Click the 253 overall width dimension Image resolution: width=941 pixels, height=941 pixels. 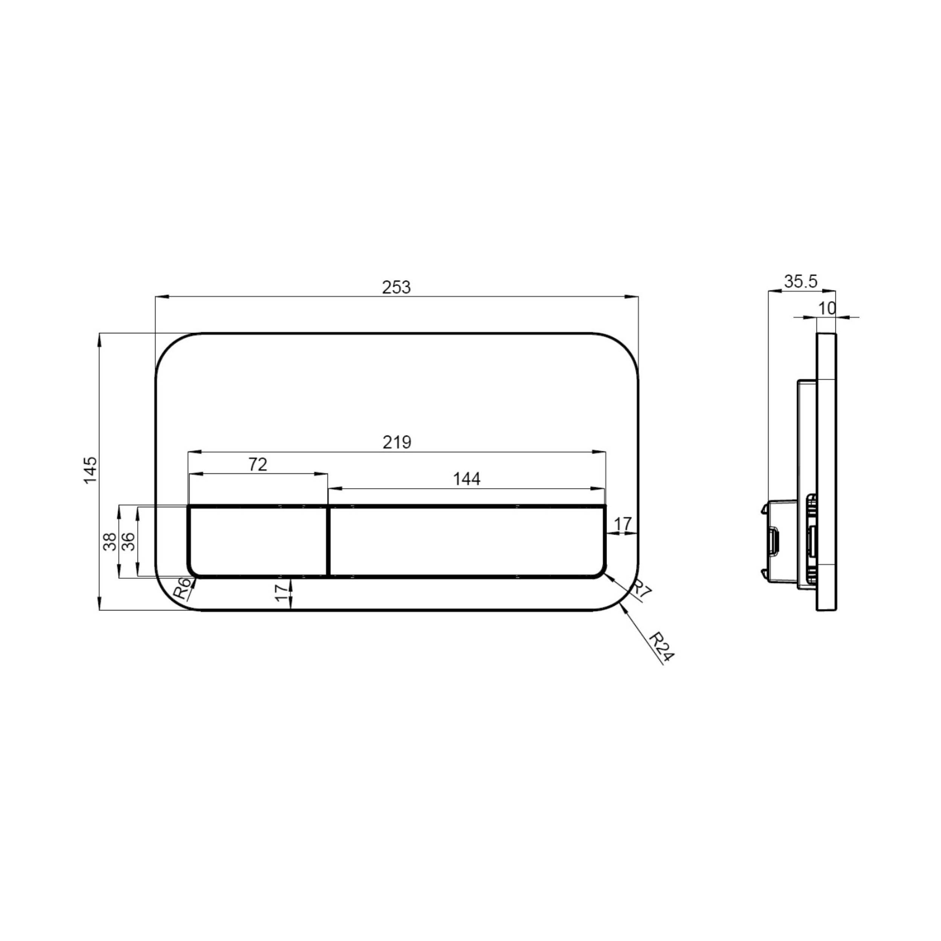coord(396,287)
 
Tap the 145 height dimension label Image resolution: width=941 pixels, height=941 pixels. coord(91,470)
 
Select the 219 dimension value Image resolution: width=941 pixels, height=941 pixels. coord(397,442)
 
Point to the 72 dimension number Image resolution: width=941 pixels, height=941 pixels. coord(258,464)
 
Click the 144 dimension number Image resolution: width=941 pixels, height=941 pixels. coord(467,479)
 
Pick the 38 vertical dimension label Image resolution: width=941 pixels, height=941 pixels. coord(111,542)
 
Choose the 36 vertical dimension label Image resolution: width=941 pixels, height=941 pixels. coord(128,542)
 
